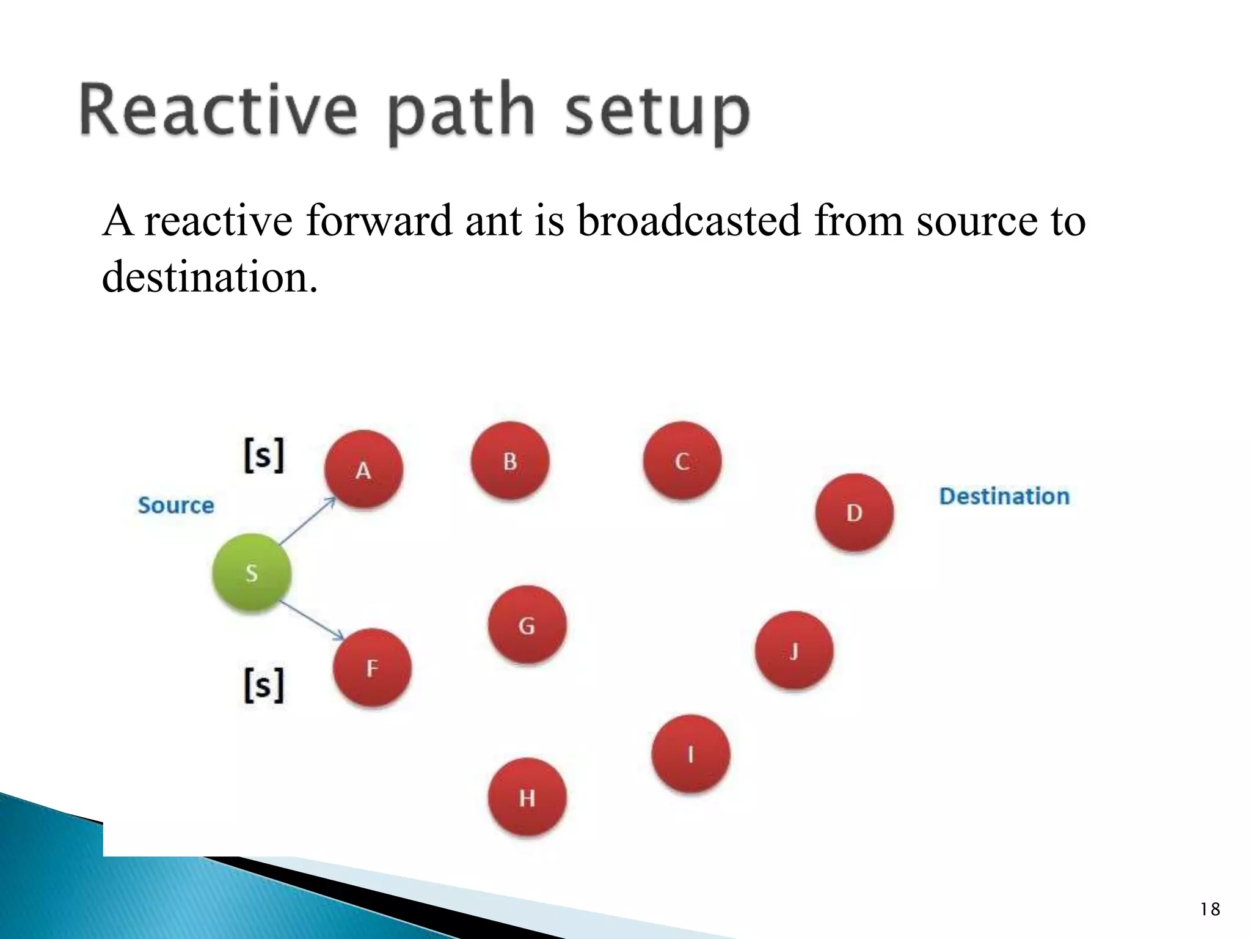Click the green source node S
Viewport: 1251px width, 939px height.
[251, 573]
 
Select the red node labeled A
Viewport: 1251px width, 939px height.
[363, 469]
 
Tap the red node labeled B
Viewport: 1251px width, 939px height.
[510, 461]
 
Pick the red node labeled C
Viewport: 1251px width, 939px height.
[682, 461]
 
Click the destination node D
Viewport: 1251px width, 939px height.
[854, 512]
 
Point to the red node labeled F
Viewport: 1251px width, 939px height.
[372, 668]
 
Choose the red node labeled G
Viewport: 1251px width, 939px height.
[527, 625]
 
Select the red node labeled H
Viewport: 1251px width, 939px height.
[527, 797]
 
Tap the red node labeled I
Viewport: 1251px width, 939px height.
[690, 754]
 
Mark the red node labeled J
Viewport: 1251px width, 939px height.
[793, 650]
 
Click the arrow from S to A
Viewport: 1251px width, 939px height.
[307, 521]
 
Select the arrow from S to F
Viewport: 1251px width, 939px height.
[312, 621]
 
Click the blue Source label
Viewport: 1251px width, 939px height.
[176, 506]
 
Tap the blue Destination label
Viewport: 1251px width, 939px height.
[1004, 496]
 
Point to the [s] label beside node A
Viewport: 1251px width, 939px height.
[264, 455]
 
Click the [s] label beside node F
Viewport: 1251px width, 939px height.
[264, 685]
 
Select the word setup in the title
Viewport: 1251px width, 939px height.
[656, 112]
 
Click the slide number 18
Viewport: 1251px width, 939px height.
[1209, 910]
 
